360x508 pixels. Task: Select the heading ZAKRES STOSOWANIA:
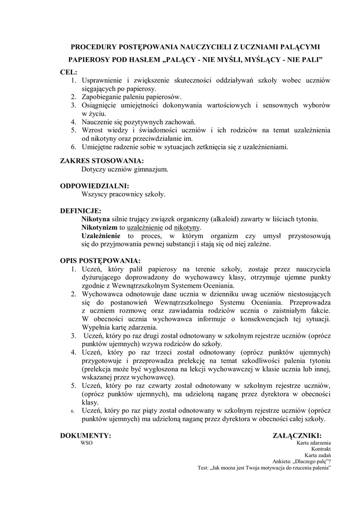[x=102, y=161]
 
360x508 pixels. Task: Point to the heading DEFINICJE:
[x=80, y=211]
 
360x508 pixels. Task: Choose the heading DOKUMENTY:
[x=85, y=436]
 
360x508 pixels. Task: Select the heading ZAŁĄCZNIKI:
[x=301, y=436]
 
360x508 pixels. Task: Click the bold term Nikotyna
[x=95, y=219]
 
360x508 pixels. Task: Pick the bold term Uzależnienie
[x=101, y=236]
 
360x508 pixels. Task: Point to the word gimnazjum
[x=151, y=169]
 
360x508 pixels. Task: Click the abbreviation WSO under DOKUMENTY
[x=86, y=443]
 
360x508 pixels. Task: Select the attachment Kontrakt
[x=321, y=449]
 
